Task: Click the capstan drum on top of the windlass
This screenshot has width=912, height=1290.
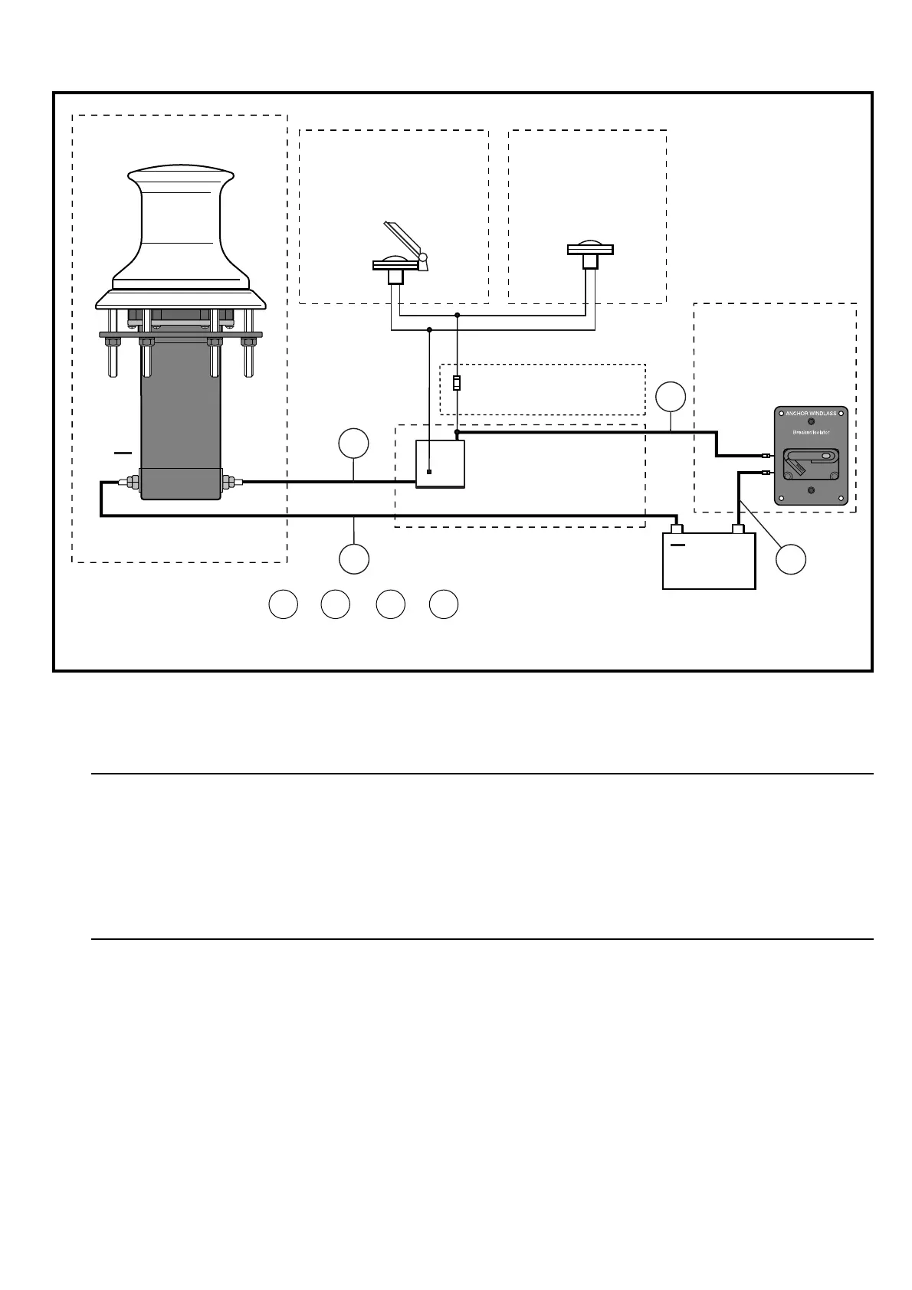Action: point(181,222)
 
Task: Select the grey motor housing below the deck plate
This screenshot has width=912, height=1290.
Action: point(181,429)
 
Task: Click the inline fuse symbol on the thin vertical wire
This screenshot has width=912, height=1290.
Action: point(457,383)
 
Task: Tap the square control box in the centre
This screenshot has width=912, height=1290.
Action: point(440,463)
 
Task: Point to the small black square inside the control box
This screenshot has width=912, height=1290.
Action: point(429,473)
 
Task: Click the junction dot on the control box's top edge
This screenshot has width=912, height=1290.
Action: point(458,433)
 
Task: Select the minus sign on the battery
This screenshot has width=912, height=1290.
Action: point(677,545)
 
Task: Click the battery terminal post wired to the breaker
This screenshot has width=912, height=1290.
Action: point(739,529)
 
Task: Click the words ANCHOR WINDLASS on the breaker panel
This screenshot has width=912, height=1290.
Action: point(811,414)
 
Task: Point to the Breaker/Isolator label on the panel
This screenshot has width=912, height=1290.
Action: point(811,433)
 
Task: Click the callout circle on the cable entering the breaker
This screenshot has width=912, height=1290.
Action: point(671,396)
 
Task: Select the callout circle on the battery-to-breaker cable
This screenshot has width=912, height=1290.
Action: point(790,559)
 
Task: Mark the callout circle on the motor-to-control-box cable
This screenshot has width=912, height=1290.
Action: point(353,444)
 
